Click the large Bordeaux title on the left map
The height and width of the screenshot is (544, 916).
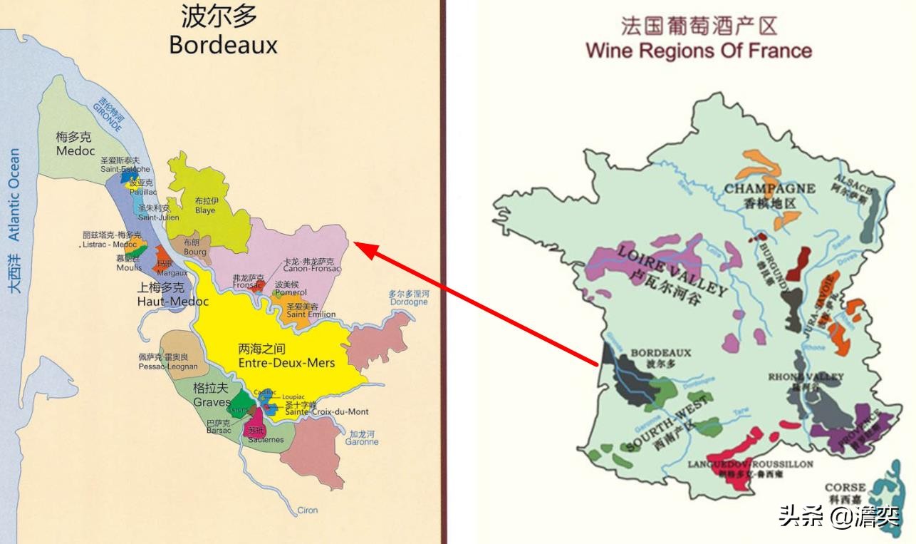[x=223, y=45]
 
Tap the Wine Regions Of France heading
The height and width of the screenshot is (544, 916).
[x=698, y=51]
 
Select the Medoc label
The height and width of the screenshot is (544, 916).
[x=76, y=151]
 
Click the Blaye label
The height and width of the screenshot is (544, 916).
[x=205, y=211]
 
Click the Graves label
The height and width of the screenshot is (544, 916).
[x=212, y=402]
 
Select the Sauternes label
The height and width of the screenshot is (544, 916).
[x=266, y=440]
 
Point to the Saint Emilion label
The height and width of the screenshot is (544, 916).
[x=311, y=314]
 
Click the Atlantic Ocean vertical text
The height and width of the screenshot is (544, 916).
[x=14, y=194]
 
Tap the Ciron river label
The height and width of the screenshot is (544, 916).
[x=308, y=510]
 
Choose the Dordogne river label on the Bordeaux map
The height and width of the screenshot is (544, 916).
[x=409, y=302]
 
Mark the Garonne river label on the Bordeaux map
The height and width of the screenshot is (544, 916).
[x=363, y=442]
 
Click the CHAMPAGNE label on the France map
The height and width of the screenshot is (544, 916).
[x=769, y=189]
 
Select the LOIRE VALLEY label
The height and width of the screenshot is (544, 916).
[x=672, y=270]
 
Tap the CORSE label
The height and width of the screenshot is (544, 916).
[x=845, y=488]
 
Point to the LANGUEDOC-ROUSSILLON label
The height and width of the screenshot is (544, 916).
[x=750, y=464]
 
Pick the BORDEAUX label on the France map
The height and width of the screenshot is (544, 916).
[x=661, y=352]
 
